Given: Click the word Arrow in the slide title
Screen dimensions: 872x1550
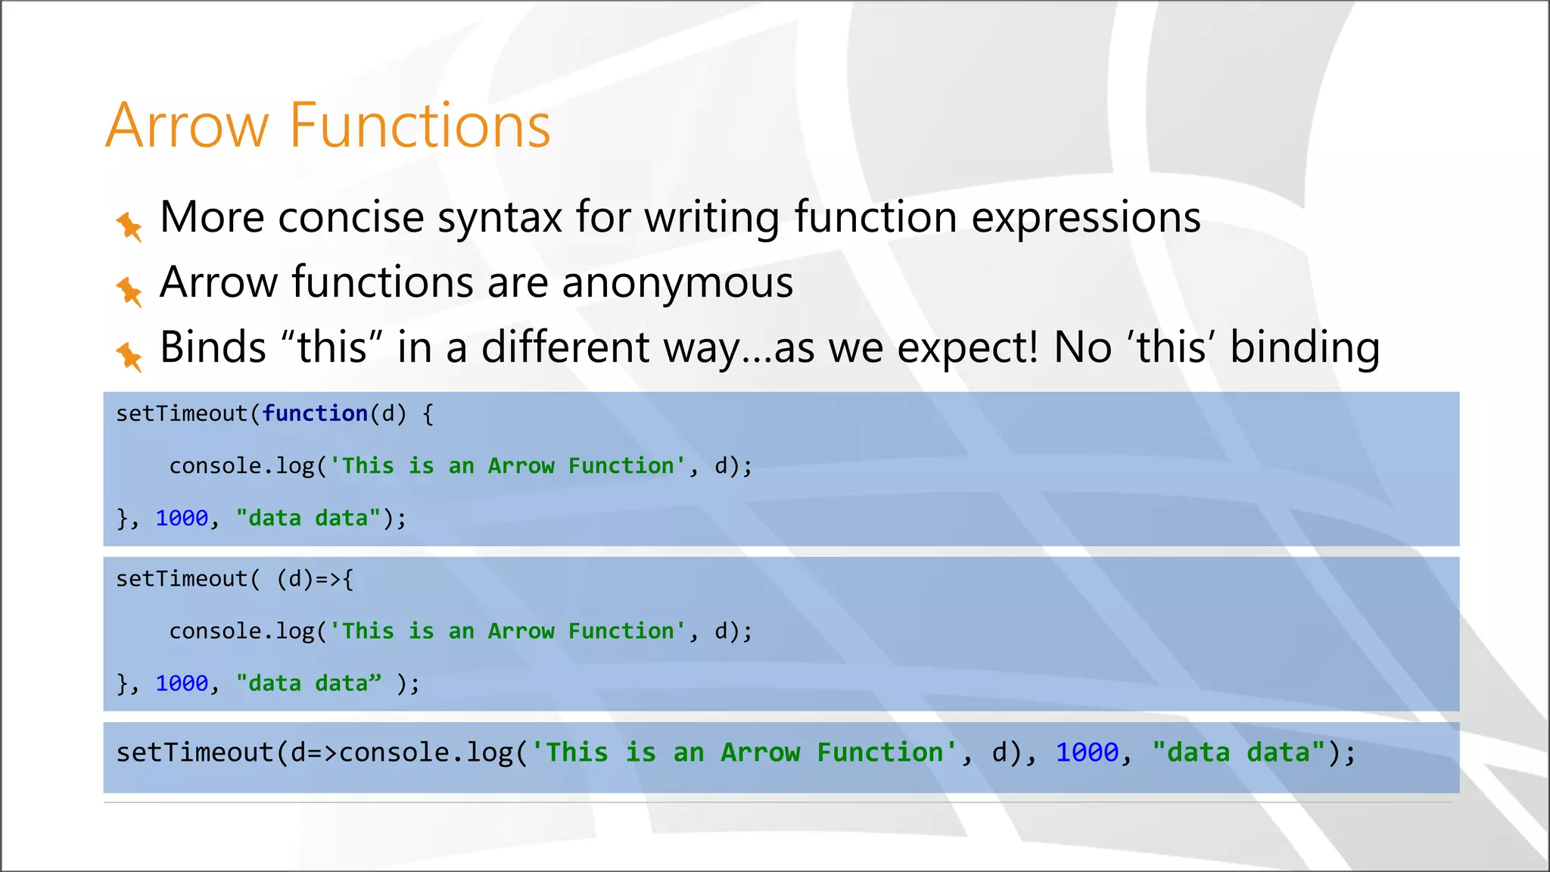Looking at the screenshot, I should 186,126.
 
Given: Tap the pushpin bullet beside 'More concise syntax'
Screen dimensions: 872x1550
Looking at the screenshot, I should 129,226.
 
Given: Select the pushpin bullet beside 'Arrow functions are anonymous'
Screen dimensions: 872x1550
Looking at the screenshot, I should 129,291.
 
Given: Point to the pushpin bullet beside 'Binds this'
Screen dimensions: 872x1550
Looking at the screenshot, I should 129,356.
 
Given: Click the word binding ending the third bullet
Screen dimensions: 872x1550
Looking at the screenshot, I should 1304,349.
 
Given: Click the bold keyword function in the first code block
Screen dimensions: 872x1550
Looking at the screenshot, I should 315,414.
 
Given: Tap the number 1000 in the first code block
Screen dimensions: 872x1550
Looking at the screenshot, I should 182,519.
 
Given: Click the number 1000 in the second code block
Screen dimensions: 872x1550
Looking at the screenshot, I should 182,684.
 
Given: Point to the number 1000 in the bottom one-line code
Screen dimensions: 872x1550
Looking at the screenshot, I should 1087,752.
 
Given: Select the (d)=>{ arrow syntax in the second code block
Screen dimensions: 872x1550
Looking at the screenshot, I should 315,579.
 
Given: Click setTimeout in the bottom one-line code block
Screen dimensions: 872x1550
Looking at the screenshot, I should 195,752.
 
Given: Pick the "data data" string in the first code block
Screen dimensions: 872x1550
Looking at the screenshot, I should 308,519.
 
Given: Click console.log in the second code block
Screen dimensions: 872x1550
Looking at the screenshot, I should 241,631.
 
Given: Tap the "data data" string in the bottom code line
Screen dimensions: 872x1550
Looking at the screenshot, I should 1238,752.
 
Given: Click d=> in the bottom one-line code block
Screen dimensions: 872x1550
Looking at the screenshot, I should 314,752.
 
